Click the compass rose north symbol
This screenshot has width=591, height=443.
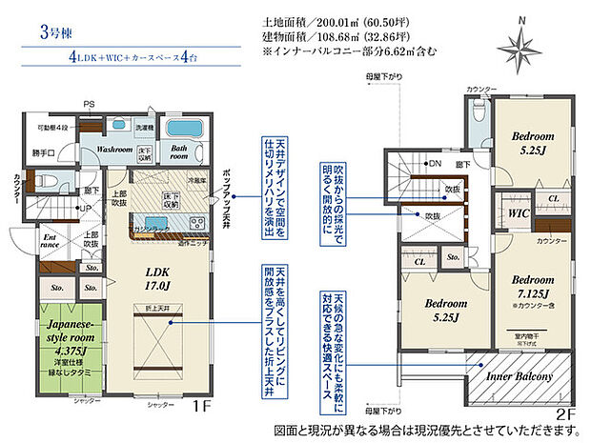[x=520, y=43]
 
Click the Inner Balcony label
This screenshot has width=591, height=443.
[x=520, y=377]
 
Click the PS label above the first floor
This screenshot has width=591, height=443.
[x=88, y=104]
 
